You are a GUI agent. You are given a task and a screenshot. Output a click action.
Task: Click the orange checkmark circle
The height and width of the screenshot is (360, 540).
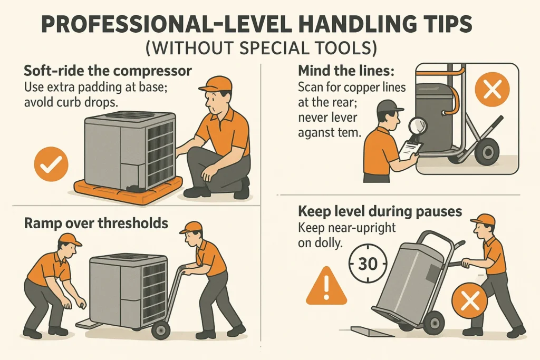point(51,164)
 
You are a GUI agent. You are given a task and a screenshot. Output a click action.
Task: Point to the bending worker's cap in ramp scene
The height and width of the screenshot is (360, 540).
point(70,239)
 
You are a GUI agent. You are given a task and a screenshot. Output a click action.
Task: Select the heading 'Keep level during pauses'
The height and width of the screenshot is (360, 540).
point(380,212)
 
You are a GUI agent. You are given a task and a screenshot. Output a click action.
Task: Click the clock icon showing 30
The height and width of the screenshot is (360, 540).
point(368,262)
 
